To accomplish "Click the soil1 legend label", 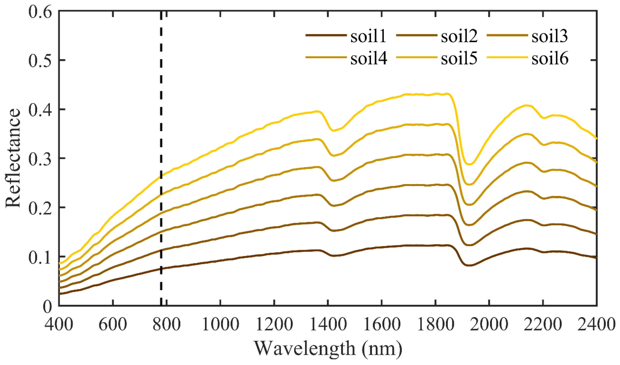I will coord(368,36).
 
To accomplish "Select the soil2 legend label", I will coord(459,36).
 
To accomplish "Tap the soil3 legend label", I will coord(550,36).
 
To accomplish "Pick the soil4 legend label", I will coord(369,58).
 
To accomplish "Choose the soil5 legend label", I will coord(459,58).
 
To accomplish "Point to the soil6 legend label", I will coord(550,58).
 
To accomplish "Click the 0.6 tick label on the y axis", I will coord(40,12).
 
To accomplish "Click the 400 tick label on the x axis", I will coord(59,324).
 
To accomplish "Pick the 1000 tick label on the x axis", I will coord(221,324).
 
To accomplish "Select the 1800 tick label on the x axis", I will coord(436,324).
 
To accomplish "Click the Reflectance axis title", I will coord(13,158).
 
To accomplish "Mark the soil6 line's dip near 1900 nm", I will coord(469,164).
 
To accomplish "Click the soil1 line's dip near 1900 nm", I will coord(469,265).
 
